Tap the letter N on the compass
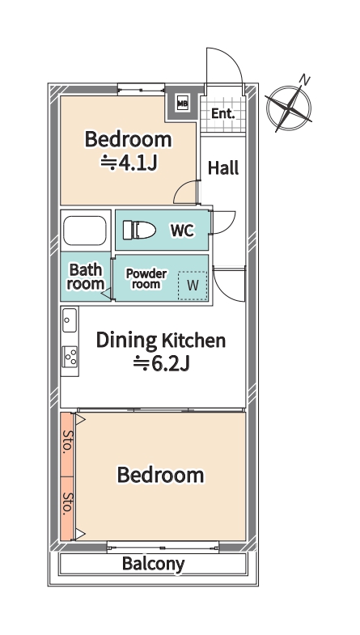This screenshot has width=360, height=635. click(304, 80)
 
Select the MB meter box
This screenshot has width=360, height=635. click(183, 104)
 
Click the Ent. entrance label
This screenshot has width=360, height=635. click(222, 114)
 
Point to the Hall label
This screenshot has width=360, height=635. click(223, 167)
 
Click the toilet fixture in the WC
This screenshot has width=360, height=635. click(139, 230)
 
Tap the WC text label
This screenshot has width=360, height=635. click(182, 231)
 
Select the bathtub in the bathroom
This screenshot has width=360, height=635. click(85, 231)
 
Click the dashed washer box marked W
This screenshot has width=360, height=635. click(193, 286)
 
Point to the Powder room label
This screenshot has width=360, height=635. click(146, 278)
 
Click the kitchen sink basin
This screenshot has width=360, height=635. click(70, 320)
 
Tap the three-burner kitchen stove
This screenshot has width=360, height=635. click(70, 357)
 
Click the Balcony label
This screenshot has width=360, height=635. click(153, 564)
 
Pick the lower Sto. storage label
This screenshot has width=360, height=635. click(67, 503)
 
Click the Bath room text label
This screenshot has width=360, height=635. click(86, 277)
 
